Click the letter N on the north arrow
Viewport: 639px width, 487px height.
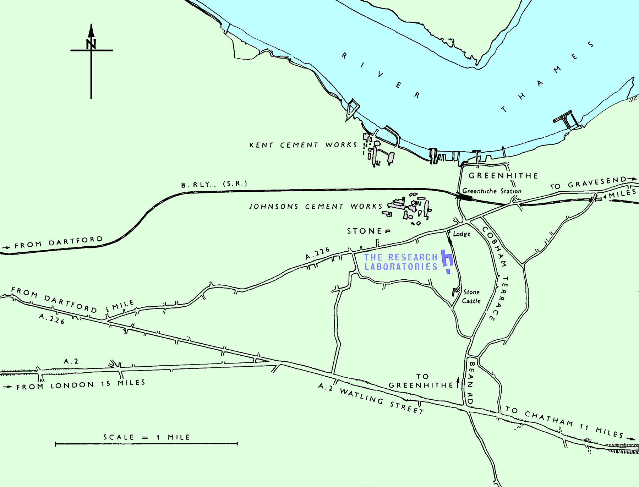point(91,44)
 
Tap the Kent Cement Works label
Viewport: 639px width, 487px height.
point(303,145)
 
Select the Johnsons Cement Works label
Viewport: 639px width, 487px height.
point(316,206)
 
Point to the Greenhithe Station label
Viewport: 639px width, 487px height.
point(492,191)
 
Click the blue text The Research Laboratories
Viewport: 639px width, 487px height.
point(401,262)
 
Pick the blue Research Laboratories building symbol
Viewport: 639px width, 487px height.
point(447,259)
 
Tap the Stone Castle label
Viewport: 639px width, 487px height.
point(471,296)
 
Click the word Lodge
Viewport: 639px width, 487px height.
point(462,234)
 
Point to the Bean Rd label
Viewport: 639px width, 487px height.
point(471,383)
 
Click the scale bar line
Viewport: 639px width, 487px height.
point(146,443)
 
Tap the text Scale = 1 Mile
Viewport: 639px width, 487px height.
point(147,437)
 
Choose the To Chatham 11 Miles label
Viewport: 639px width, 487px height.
point(564,422)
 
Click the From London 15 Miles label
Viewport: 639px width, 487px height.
point(81,384)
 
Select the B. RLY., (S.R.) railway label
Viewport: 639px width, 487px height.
point(214,184)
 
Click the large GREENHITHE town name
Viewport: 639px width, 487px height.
point(503,176)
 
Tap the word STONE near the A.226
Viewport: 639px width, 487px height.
point(364,231)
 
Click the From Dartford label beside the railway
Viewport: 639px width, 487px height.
point(59,242)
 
